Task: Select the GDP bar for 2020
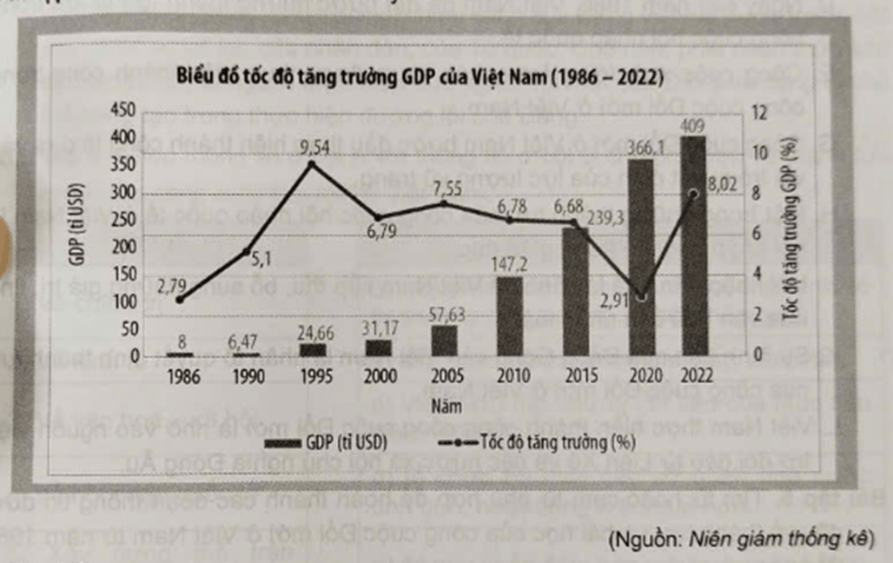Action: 640,261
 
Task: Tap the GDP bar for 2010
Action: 511,316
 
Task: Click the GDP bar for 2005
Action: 445,341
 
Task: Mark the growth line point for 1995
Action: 313,163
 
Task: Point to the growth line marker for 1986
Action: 180,300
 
